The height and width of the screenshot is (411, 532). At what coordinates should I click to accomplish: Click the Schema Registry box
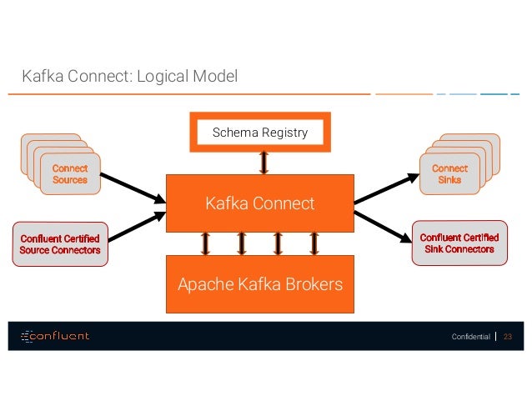(x=259, y=133)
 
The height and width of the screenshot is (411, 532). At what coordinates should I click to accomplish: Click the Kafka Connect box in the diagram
(x=259, y=203)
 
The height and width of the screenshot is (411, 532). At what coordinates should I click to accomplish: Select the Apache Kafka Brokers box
(x=259, y=284)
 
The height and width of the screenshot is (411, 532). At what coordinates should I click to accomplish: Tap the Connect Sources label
(x=70, y=173)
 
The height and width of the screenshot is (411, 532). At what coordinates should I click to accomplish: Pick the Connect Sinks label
(x=450, y=173)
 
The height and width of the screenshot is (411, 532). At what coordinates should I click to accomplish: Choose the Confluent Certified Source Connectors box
(x=60, y=244)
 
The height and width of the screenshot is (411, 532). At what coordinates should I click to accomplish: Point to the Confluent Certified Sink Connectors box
(x=457, y=243)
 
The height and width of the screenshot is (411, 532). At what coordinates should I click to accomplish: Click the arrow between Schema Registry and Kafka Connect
(x=263, y=162)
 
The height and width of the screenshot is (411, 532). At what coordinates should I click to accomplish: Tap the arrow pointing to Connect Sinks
(x=386, y=188)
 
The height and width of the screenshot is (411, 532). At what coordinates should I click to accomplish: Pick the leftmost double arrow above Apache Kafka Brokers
(x=204, y=243)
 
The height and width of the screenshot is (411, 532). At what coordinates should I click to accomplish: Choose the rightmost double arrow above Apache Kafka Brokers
(x=314, y=243)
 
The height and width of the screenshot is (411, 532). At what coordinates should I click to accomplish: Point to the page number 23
(x=507, y=337)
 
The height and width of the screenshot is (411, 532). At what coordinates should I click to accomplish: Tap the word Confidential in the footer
(x=470, y=337)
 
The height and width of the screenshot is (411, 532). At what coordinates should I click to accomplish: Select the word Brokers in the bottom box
(x=311, y=284)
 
